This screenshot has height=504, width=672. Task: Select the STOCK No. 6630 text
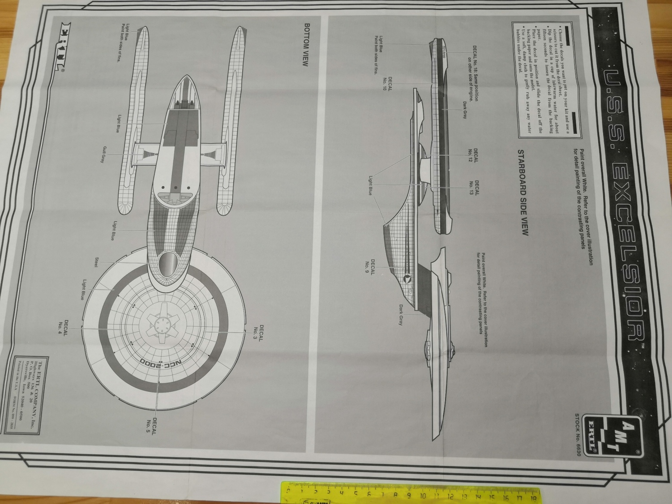tap(577, 429)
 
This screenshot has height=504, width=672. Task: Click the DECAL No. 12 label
tap(473, 156)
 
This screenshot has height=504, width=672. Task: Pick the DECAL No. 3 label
tap(258, 333)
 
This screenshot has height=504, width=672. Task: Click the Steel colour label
tap(96, 262)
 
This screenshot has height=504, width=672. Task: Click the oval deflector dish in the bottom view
tap(169, 264)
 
